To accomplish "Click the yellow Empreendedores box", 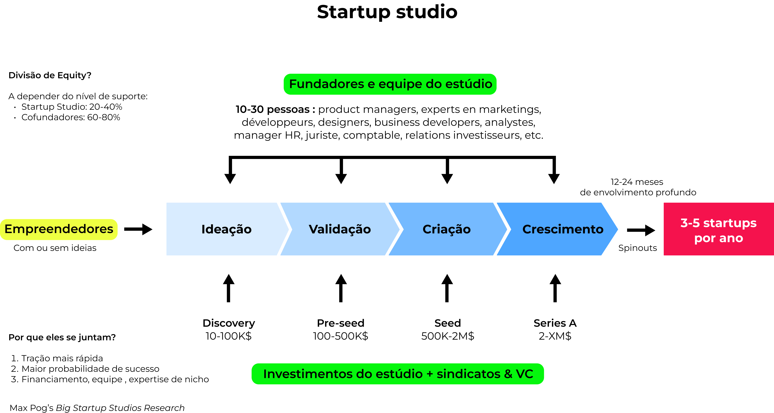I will (59, 229).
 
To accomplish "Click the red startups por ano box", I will (718, 229).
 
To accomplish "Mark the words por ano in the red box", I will (718, 238).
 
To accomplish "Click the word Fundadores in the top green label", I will (326, 84).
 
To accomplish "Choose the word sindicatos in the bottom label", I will (468, 374).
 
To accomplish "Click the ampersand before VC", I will (508, 374).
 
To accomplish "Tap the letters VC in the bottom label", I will (525, 374).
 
